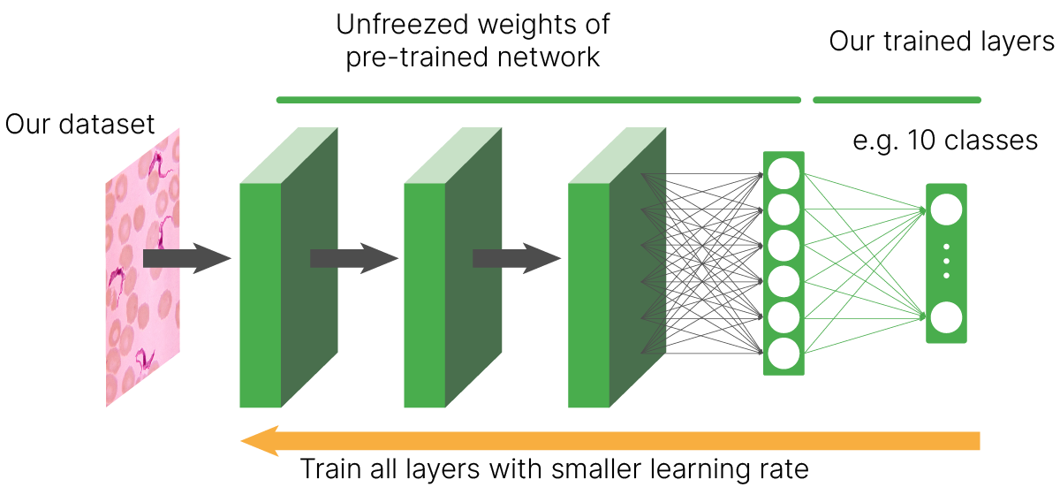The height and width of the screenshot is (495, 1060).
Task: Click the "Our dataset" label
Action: pos(79,124)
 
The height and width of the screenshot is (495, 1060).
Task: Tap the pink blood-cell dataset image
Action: pos(143,265)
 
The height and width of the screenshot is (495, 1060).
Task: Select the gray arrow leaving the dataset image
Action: pos(185,257)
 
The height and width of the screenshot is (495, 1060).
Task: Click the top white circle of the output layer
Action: pos(946,209)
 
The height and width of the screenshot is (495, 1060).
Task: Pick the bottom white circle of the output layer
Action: pos(946,316)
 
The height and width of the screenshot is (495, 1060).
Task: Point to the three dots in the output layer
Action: pos(946,262)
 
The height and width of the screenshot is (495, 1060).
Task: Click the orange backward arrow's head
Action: pos(261,439)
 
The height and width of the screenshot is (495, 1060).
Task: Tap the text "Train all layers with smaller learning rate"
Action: pos(556,468)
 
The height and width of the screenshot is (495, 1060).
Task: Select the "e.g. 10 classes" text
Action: pos(944,141)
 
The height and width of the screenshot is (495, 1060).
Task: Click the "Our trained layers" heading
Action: pos(942,42)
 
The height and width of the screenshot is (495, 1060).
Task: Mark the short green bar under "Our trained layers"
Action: pos(896,100)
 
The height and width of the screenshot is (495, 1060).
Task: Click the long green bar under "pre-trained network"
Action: pos(539,100)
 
